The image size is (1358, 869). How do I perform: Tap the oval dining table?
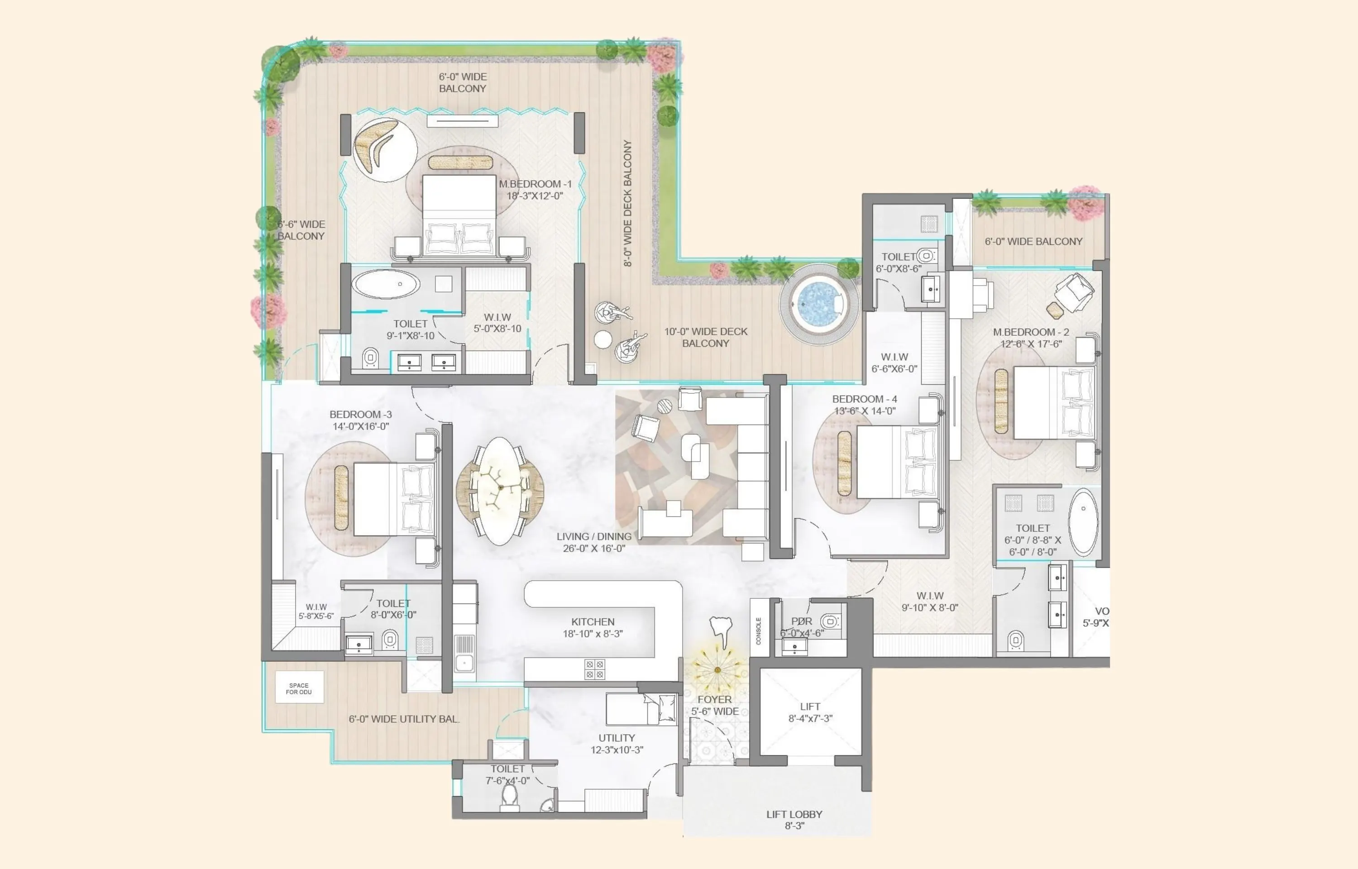point(500,491)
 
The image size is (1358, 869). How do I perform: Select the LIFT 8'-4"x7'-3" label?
point(810,712)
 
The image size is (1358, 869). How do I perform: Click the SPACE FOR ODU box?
point(299,688)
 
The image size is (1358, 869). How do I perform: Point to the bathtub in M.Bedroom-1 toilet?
point(386,284)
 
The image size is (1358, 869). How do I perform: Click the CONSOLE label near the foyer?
point(758,631)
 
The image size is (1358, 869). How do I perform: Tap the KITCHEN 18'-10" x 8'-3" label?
point(593,627)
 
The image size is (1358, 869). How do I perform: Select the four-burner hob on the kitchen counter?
point(594,669)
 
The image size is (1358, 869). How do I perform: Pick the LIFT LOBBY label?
point(794,819)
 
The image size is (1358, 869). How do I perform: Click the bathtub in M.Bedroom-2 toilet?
point(1083,522)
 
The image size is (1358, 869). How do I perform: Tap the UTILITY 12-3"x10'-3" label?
point(617,744)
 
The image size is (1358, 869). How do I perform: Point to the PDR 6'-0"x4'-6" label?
point(802,627)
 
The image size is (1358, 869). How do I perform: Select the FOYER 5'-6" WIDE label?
point(715,705)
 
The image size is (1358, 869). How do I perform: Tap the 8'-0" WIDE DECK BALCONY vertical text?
point(627,203)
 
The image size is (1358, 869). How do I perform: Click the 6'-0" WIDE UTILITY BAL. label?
point(404,719)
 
